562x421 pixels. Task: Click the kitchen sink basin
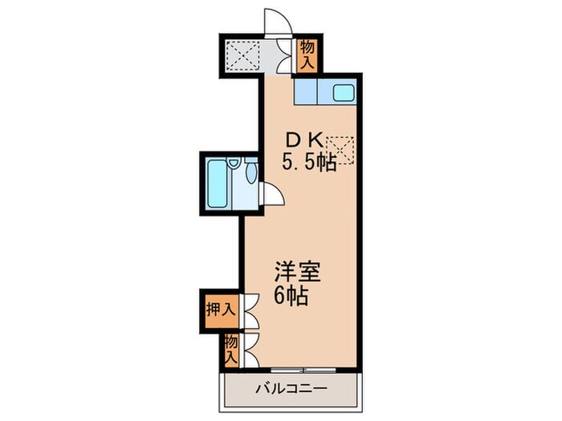point(344,92)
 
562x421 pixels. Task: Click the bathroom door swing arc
point(271,195)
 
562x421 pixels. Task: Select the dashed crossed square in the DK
point(343,150)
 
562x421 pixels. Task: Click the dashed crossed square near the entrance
point(239,54)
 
